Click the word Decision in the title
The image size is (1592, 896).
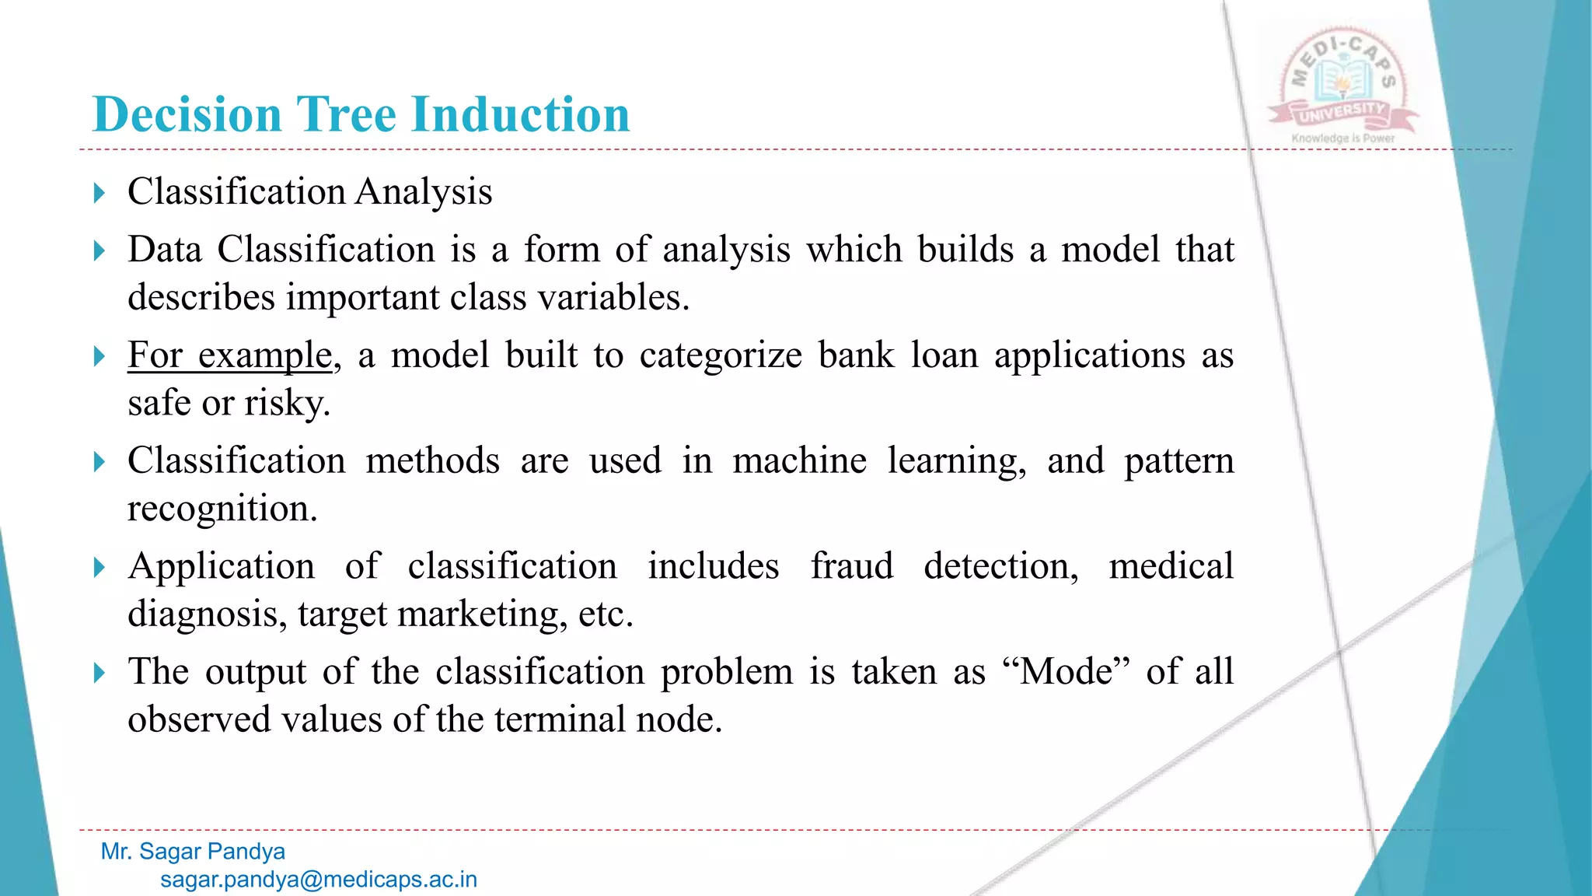coord(187,115)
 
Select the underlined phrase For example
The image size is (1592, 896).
coord(230,356)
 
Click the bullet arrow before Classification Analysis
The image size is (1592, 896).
coord(99,193)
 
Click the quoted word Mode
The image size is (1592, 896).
coord(1066,671)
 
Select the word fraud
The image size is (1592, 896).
coord(851,566)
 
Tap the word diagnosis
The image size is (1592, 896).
coord(202,614)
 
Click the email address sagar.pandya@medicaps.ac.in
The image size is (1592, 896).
coord(319,880)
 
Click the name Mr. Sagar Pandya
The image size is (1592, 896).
coord(193,852)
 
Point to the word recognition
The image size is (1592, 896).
coord(222,509)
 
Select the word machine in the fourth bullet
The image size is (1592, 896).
coord(799,461)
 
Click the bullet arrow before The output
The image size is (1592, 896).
coord(99,673)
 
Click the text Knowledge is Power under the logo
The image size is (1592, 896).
coord(1342,138)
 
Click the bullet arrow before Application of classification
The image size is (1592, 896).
coord(99,568)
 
